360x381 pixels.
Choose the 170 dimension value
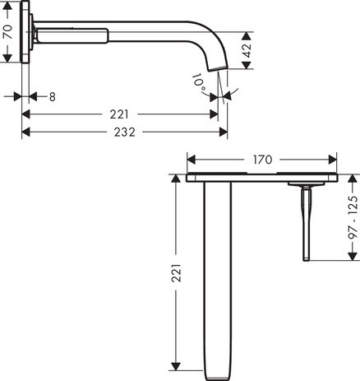(261, 156)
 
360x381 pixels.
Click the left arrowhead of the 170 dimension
(192, 157)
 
